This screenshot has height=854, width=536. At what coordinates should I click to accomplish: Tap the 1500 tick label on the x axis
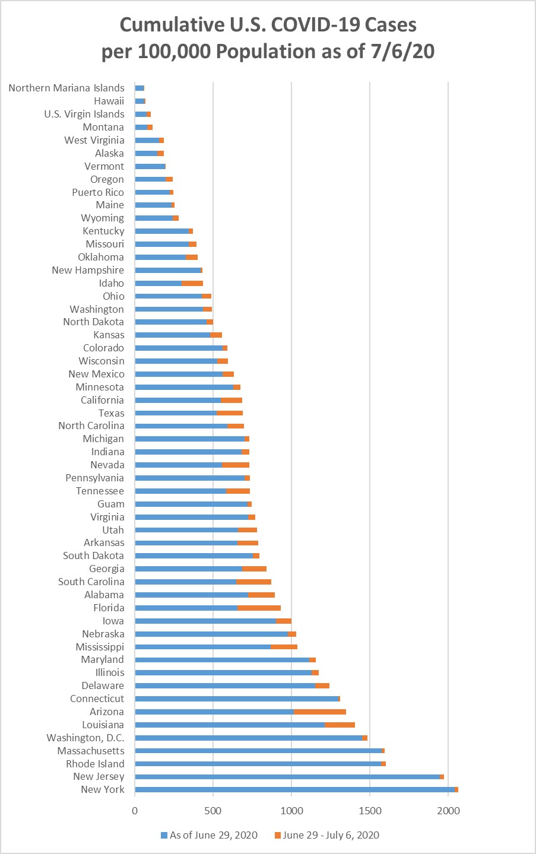tap(370, 811)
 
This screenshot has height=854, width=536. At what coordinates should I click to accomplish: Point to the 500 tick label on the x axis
tap(213, 811)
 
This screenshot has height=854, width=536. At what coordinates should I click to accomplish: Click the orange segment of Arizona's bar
tap(320, 712)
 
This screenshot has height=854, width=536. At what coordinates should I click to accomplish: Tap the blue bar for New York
tap(294, 789)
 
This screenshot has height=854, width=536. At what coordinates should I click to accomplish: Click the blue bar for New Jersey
tap(287, 776)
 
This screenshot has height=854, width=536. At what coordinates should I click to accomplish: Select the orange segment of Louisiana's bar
tap(340, 725)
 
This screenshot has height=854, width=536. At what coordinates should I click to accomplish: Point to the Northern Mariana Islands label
tap(66, 88)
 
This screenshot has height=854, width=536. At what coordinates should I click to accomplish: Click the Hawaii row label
tap(109, 101)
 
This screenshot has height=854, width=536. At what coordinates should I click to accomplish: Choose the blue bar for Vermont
tap(150, 166)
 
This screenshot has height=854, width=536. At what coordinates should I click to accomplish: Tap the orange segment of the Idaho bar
tap(192, 283)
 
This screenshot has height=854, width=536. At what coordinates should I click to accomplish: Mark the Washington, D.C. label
tap(85, 738)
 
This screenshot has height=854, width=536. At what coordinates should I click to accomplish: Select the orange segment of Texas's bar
tap(230, 413)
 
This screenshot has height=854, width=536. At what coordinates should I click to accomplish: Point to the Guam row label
tap(111, 504)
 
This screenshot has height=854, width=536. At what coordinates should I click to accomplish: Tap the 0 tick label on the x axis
tap(135, 811)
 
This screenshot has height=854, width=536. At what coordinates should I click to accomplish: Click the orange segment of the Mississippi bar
tap(284, 647)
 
